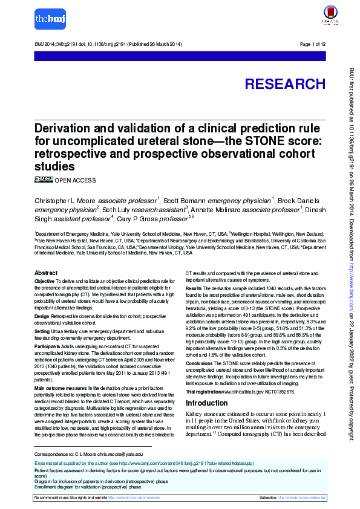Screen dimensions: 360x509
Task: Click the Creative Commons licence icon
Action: (44, 180)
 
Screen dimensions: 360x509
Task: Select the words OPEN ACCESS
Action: (75, 180)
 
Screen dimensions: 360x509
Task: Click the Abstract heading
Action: (46, 273)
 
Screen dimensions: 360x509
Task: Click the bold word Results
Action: (194, 290)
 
